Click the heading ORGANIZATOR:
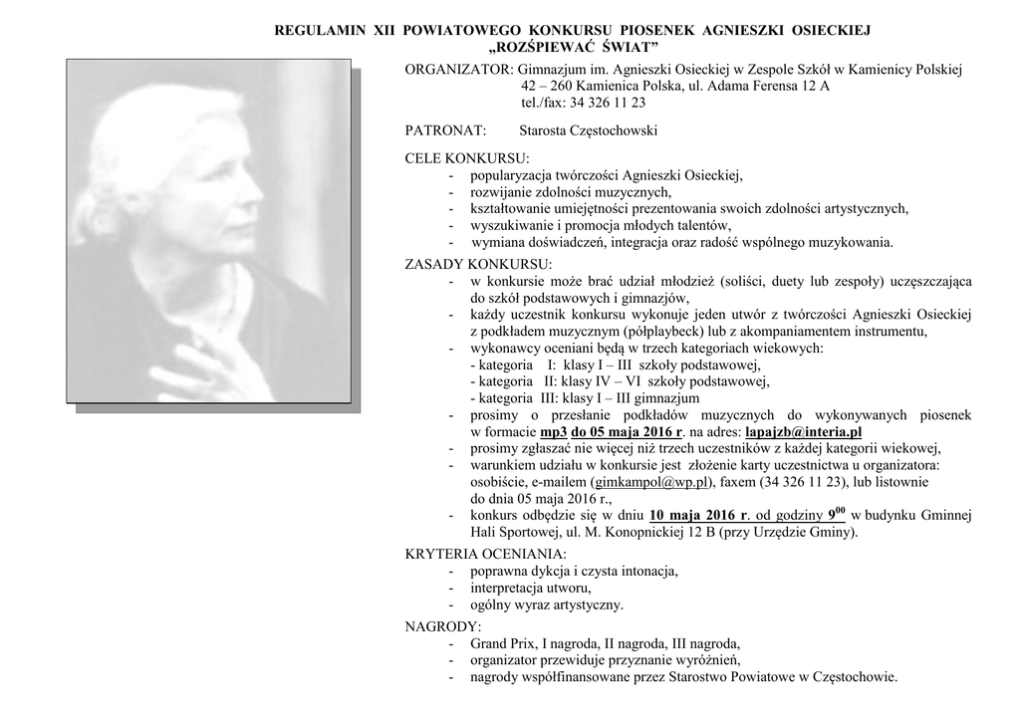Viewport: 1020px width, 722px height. (459, 71)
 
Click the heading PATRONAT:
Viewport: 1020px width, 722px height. (445, 130)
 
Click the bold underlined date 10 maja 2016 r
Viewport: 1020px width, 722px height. (698, 516)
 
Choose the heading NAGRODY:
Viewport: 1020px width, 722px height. (442, 626)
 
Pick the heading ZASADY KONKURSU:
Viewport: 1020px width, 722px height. (478, 264)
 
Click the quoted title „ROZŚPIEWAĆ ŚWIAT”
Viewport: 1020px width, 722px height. (574, 48)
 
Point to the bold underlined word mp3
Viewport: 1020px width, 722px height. (553, 431)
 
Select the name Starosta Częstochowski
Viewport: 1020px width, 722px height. (589, 130)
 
